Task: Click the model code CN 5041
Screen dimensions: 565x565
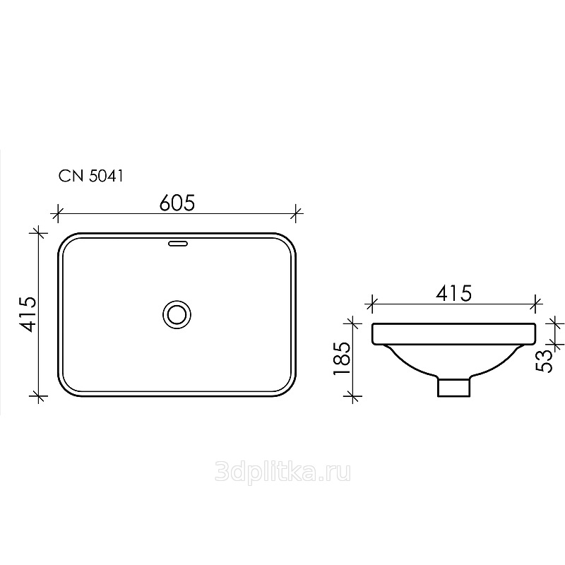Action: (91, 176)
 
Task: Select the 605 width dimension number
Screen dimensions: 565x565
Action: (177, 203)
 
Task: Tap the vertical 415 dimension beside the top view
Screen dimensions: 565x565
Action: (28, 314)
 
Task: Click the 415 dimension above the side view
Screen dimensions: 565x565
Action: (453, 293)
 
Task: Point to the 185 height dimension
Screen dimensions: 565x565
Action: (342, 358)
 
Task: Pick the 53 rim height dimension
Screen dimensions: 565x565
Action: (544, 361)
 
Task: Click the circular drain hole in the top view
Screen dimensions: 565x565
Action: (177, 314)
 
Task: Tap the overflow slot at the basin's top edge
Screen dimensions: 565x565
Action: (178, 244)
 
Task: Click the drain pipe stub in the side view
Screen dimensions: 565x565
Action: (453, 386)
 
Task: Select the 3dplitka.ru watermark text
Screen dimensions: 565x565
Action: (282, 472)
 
